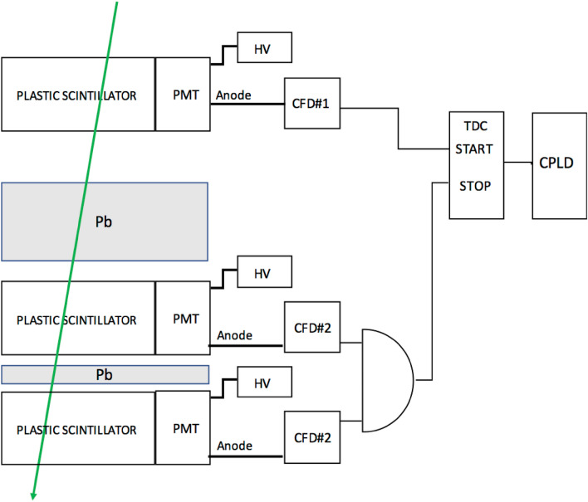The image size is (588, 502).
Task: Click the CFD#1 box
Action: [x=311, y=104]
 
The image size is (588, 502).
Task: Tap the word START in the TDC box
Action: [x=477, y=151]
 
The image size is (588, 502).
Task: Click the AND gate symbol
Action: [x=387, y=379]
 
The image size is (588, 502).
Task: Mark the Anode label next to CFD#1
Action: [x=234, y=95]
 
